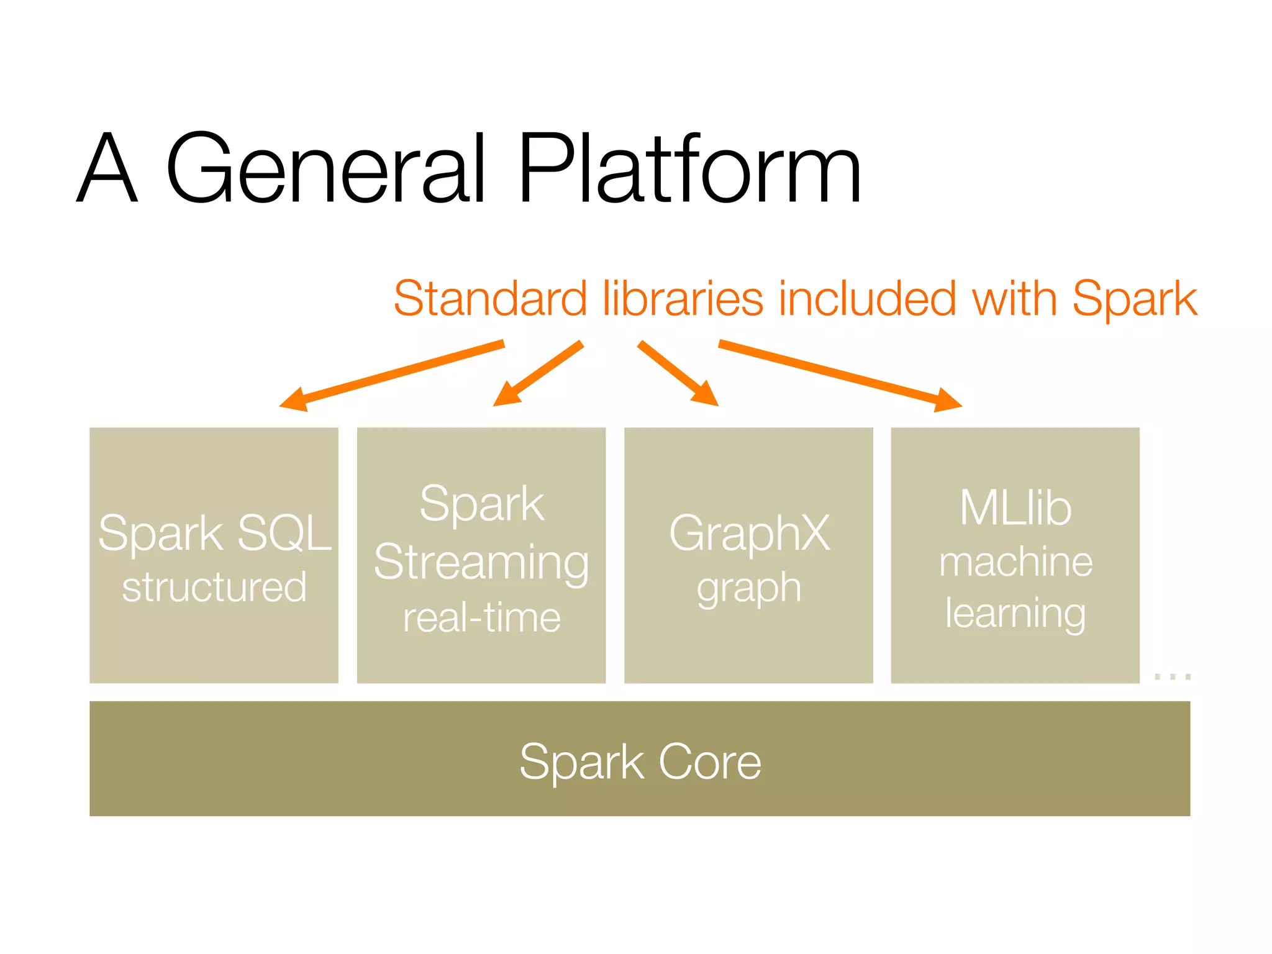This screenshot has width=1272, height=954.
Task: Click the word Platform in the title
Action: pyautogui.click(x=689, y=169)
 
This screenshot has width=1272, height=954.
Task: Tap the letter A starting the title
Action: pyautogui.click(x=107, y=169)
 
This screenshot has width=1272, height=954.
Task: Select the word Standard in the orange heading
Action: pyautogui.click(x=490, y=299)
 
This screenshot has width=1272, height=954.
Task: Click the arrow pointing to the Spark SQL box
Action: pyautogui.click(x=391, y=375)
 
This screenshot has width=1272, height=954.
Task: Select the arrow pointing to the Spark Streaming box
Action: pyautogui.click(x=538, y=373)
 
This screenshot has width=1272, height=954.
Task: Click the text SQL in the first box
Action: pyautogui.click(x=284, y=533)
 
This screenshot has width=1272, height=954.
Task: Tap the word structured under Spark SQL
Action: pyautogui.click(x=214, y=587)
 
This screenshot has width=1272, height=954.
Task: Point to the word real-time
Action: pyautogui.click(x=481, y=618)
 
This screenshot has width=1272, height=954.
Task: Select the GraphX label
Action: pyautogui.click(x=749, y=533)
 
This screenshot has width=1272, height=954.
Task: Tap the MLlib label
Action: pyautogui.click(x=1015, y=508)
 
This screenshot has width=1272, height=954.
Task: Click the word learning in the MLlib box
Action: pyautogui.click(x=1015, y=614)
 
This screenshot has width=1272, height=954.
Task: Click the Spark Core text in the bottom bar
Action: pyautogui.click(x=640, y=761)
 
